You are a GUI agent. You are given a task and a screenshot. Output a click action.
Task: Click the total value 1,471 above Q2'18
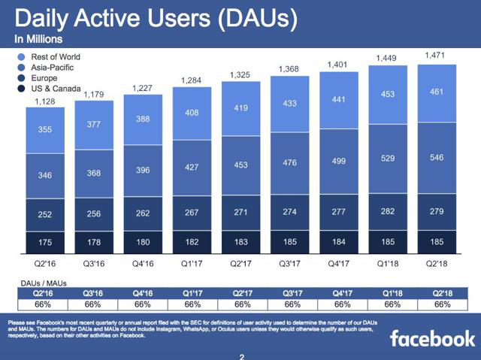(x=438, y=55)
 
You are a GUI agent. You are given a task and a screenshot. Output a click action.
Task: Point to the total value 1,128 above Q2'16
(x=46, y=102)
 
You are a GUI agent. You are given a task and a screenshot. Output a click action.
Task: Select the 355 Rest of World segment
(x=46, y=130)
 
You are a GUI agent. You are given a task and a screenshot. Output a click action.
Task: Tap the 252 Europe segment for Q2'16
(x=46, y=215)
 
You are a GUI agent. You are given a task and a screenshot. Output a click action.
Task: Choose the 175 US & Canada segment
(x=46, y=243)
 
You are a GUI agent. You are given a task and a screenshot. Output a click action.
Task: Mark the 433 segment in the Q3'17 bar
(x=291, y=103)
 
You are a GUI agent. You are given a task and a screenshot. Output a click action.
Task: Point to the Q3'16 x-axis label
(x=95, y=264)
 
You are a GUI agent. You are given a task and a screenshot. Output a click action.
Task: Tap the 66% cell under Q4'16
(x=144, y=304)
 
